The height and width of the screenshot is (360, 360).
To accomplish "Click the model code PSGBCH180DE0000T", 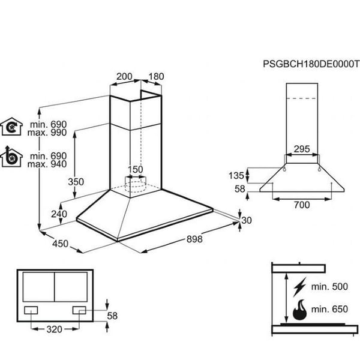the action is (311, 64).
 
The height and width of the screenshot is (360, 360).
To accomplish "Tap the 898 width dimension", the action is (194, 239).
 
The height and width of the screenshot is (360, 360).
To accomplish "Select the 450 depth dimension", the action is (60, 244).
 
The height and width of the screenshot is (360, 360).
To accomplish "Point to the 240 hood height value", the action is (59, 214).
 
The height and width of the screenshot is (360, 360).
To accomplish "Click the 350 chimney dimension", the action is (76, 182).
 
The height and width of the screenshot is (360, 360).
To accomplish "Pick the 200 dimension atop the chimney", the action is (124, 76).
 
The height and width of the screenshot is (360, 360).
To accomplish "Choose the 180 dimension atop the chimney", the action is (156, 76).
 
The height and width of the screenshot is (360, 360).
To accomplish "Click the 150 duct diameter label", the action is (135, 169).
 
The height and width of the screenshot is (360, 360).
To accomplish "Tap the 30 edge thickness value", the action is (247, 220).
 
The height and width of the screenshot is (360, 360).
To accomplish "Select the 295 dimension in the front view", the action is (302, 149).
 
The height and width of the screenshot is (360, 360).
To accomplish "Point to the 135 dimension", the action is (236, 176).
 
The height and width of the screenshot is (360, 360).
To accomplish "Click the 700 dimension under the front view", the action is (302, 205).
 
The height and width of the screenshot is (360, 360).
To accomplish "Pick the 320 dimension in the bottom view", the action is (55, 329).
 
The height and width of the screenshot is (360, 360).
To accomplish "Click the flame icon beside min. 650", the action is (299, 310).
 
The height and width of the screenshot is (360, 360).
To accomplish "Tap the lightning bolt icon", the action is (299, 287).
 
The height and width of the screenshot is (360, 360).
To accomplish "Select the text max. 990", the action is (47, 133).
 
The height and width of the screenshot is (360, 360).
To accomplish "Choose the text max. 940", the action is (47, 164).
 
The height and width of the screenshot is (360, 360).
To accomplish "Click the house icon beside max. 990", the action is (11, 127).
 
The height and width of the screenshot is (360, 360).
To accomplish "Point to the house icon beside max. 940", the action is (11, 157).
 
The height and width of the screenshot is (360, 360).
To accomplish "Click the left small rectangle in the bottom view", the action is (31, 310).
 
